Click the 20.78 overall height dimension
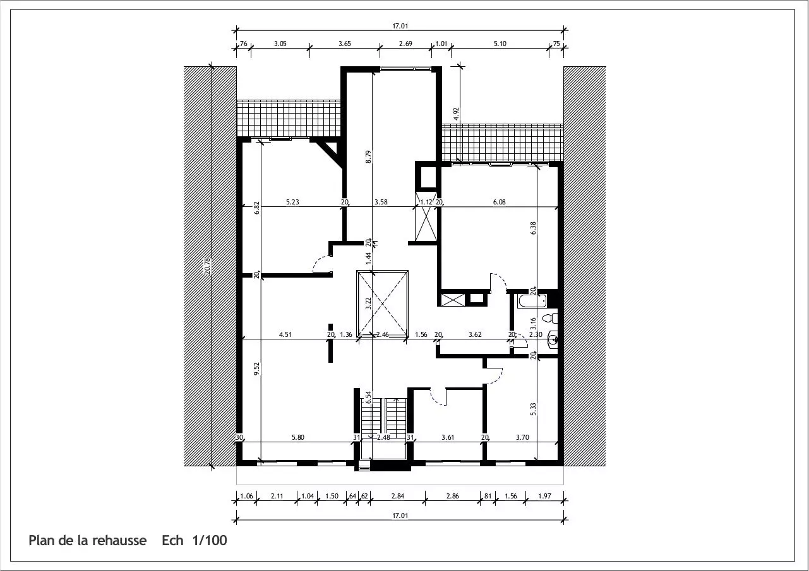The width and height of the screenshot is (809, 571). coord(207,266)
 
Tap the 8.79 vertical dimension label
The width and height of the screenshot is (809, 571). coord(368,157)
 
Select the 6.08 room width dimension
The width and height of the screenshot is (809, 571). coord(499,202)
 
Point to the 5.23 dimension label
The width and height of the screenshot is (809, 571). coord(292,202)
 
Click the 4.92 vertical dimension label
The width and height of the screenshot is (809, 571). coord(456,114)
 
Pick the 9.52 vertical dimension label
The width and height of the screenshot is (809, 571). coord(256,368)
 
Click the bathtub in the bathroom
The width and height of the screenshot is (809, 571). coord(532,301)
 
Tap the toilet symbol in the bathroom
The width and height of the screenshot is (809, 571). coord(550,318)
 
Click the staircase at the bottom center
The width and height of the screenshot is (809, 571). coord(383,418)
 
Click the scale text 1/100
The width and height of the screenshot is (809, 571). coord(210,540)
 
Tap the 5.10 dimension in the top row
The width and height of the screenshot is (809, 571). coord(500,44)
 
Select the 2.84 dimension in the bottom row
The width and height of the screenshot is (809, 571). coord(398,496)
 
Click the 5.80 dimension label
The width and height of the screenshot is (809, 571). coord(298,437)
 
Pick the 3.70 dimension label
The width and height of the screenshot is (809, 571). coord(522,437)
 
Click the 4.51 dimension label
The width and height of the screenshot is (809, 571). coord(285,335)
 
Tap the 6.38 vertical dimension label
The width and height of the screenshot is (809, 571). coord(533,228)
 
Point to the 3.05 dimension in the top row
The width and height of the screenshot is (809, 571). coord(280,44)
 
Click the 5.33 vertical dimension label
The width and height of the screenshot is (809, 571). coord(533,409)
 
